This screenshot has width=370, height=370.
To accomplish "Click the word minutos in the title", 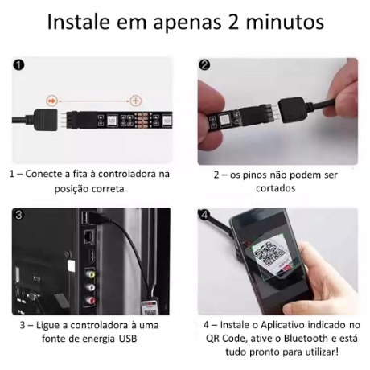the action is [x=285, y=22].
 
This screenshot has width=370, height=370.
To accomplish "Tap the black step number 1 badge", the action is [x=18, y=65].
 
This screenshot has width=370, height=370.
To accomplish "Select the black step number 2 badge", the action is [x=205, y=65].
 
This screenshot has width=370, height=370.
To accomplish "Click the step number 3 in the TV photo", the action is [x=18, y=215].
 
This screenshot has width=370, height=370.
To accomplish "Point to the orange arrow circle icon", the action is [x=52, y=101].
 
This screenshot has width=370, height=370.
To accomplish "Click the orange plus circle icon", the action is [x=136, y=101].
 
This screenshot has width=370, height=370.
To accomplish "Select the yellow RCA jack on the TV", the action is [x=90, y=274].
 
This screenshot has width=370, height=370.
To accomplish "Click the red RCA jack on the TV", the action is [x=90, y=300].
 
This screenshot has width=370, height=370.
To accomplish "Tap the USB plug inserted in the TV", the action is [x=100, y=217].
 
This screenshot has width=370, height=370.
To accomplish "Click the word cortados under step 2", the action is [x=275, y=188].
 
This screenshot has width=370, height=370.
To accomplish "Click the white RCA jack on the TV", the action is [x=90, y=287].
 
